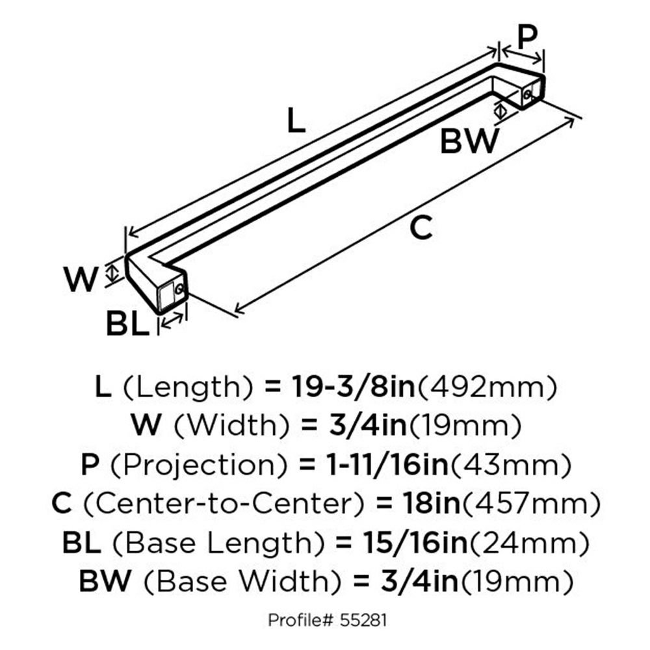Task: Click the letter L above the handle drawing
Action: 296,120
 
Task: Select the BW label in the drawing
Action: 469,141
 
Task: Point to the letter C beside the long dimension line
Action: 421,227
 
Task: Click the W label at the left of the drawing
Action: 81,279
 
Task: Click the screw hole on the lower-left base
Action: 179,289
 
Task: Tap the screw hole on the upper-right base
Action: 527,94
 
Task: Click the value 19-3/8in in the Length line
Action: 353,387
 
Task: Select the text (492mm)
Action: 487,387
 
